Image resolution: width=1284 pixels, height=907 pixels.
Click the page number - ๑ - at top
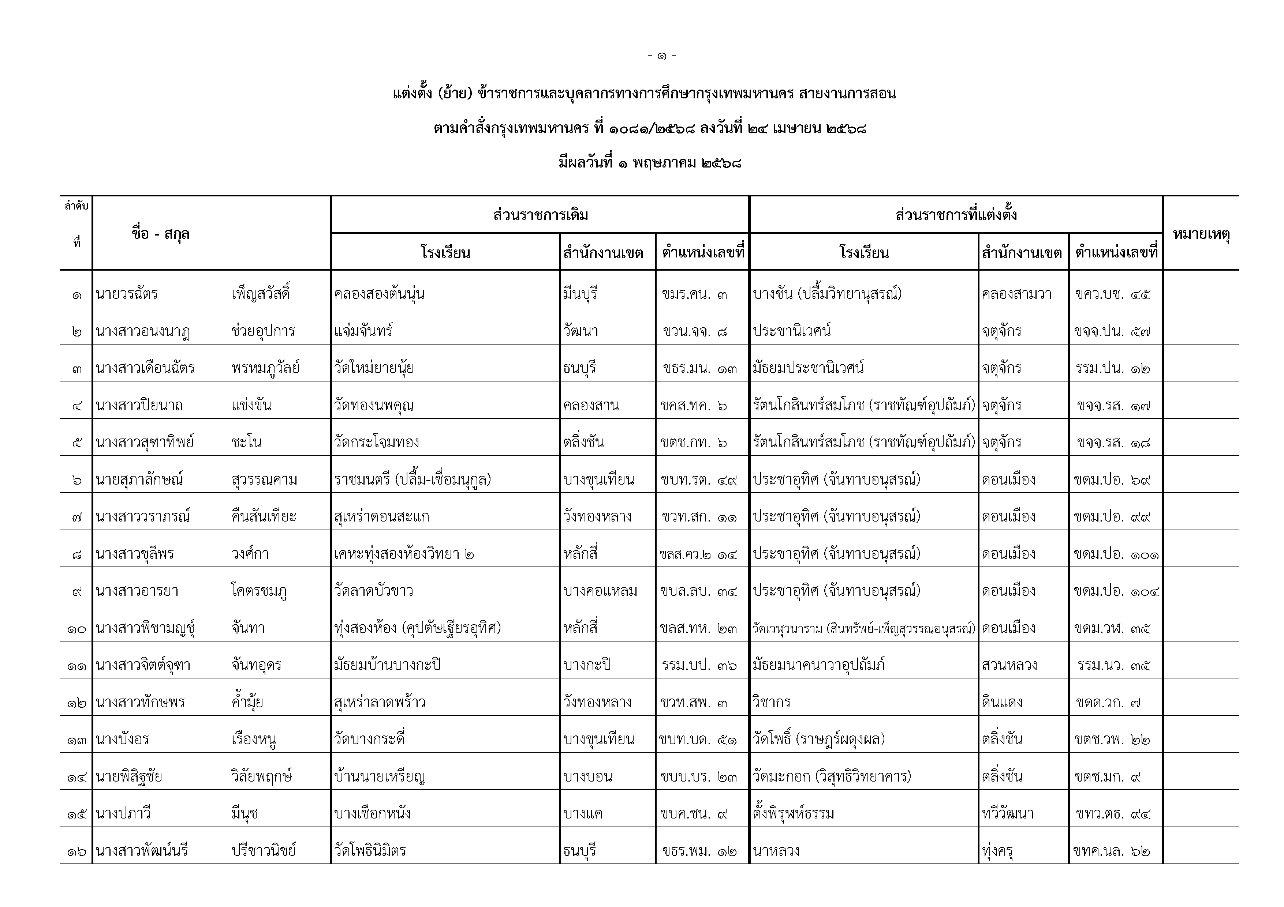tap(661, 56)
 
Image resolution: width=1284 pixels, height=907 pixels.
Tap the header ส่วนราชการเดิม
tap(540, 215)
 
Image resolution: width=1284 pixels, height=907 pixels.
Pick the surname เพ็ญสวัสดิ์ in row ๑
tap(261, 293)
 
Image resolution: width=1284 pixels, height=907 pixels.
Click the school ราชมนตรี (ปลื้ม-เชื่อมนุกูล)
tap(412, 479)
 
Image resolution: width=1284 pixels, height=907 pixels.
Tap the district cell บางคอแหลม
tap(600, 591)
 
